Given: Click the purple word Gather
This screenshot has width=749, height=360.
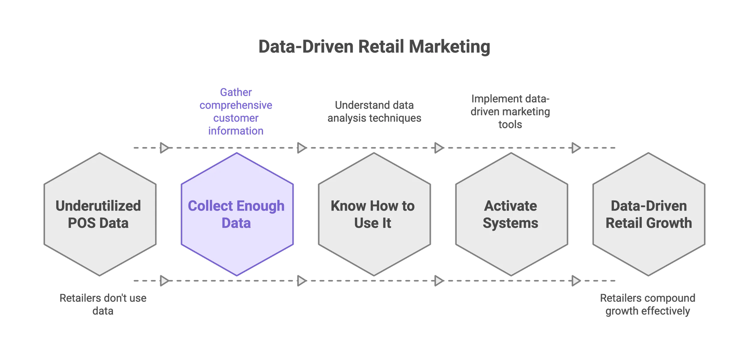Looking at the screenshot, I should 236,92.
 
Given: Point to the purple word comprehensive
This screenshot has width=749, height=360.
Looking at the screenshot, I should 236,105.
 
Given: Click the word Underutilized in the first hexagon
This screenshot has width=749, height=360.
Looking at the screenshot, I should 98,206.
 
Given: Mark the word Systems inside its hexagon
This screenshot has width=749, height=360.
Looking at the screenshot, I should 510,223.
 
